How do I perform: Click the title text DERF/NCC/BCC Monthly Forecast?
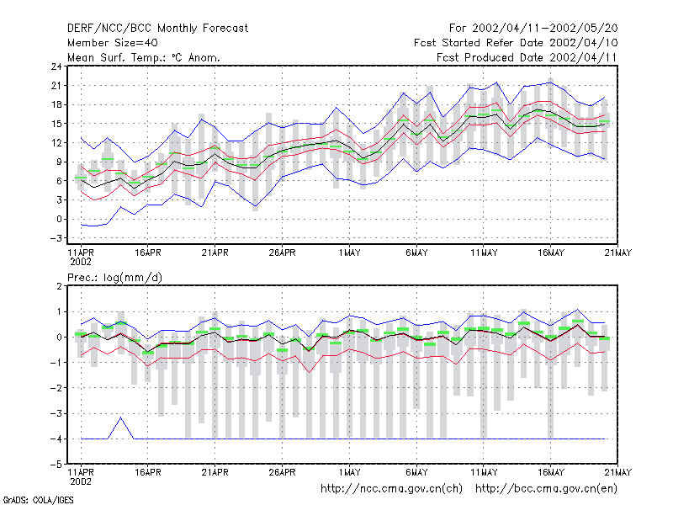click(x=157, y=29)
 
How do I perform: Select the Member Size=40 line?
click(x=113, y=43)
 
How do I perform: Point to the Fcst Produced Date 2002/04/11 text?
click(x=527, y=57)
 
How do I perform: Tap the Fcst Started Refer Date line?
click(x=516, y=43)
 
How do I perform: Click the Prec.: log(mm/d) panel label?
click(x=114, y=278)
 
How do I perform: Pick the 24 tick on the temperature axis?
click(x=56, y=66)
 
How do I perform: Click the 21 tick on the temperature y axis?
click(x=56, y=86)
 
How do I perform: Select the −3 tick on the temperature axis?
click(x=56, y=238)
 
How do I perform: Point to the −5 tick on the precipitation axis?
click(x=56, y=465)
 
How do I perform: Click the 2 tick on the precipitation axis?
click(x=59, y=286)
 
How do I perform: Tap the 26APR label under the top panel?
click(x=282, y=252)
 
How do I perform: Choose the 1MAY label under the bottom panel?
click(x=349, y=472)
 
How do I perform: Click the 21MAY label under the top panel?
click(x=618, y=252)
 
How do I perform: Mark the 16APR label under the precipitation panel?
click(x=148, y=472)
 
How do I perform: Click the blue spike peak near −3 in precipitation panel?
click(x=120, y=417)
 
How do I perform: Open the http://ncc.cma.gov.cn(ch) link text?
click(x=391, y=489)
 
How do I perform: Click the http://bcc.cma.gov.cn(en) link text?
click(x=546, y=489)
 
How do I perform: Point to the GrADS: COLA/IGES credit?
click(x=38, y=500)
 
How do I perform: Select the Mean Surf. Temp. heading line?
click(x=143, y=57)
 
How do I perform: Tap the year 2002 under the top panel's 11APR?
click(x=81, y=262)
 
